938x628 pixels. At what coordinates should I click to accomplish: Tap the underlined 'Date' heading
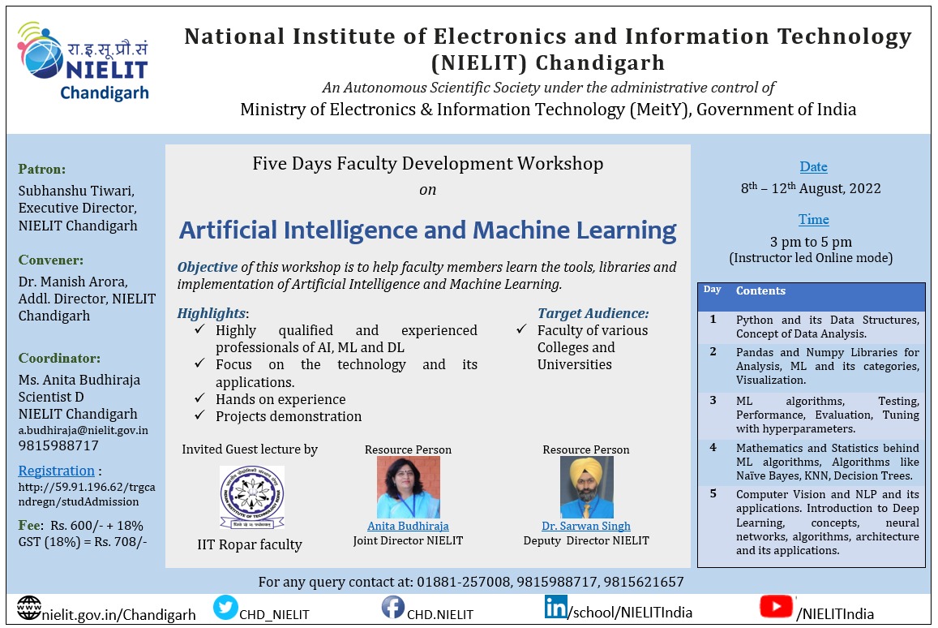(x=814, y=167)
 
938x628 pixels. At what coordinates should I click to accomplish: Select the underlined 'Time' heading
(x=814, y=220)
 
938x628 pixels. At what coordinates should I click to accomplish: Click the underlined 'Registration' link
(x=56, y=471)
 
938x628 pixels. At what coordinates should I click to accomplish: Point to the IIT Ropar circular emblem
(x=252, y=497)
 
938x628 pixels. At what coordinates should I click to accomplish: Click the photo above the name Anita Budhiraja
(x=408, y=488)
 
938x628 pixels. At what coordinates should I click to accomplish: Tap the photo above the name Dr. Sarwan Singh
(x=586, y=488)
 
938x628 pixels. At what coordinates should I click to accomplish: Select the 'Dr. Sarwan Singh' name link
(x=586, y=527)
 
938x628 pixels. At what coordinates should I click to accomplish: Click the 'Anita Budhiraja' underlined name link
(x=408, y=527)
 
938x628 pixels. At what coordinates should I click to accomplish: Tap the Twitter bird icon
(x=225, y=608)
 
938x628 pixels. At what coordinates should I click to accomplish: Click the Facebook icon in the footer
(x=393, y=608)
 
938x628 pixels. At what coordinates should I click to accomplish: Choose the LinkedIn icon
(x=555, y=607)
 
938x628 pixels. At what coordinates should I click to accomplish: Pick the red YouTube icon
(x=776, y=606)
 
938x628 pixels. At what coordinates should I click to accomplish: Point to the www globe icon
(x=28, y=609)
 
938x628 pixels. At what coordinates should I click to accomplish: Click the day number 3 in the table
(x=713, y=401)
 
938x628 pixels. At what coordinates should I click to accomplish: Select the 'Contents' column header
(x=760, y=291)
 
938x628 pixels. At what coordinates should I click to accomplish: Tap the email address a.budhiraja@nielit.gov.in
(x=84, y=431)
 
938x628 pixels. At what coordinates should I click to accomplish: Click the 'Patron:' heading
(x=42, y=170)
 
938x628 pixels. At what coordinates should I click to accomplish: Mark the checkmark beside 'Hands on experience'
(x=199, y=398)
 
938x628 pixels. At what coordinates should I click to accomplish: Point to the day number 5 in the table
(x=713, y=494)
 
